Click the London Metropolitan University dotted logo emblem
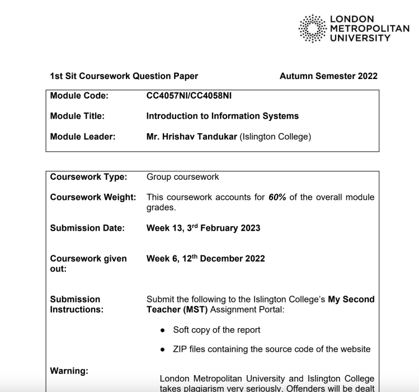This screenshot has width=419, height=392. pos(315,29)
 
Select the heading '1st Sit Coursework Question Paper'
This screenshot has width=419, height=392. pos(124,76)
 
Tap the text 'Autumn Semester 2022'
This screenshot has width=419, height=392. pos(328,76)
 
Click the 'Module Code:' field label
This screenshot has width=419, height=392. pos(79,96)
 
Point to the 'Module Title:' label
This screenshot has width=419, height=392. pos(78,116)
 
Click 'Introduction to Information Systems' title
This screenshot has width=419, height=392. pos(222,116)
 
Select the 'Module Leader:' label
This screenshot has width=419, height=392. pos(82,136)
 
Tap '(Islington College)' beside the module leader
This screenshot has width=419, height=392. pos(275,136)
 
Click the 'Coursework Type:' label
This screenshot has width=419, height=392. pos(88,177)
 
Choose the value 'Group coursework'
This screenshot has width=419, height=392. pos(182,177)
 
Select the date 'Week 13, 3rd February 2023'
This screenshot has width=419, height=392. pos(203,228)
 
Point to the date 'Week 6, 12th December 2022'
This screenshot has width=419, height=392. pos(205,258)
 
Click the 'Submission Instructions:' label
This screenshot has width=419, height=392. pos(77,304)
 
